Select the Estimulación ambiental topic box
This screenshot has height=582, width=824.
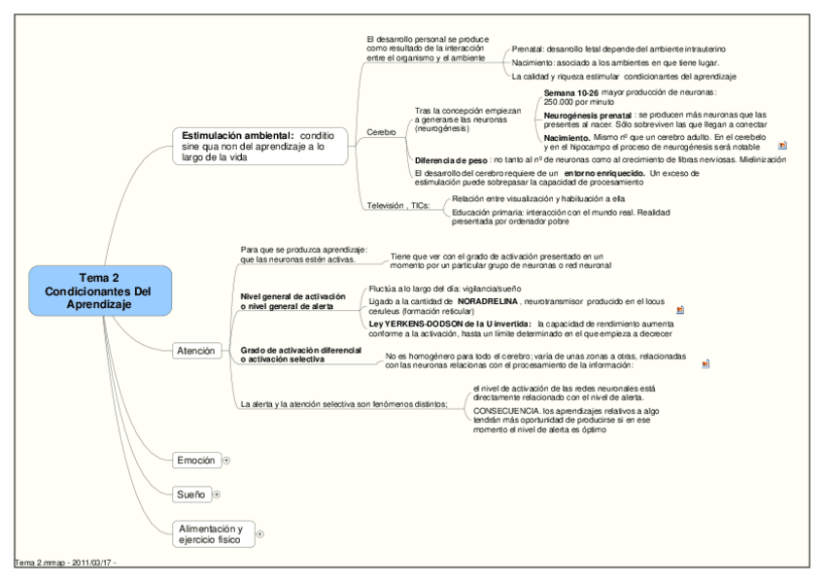pyautogui.click(x=254, y=146)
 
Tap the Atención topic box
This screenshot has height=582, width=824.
pyautogui.click(x=195, y=351)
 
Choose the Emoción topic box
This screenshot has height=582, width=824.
pyautogui.click(x=195, y=460)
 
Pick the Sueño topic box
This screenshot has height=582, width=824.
pyautogui.click(x=191, y=495)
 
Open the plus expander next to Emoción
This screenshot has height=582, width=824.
pyautogui.click(x=226, y=461)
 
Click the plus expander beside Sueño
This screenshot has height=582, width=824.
pyautogui.click(x=216, y=496)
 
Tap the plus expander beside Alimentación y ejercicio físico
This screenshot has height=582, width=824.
pyautogui.click(x=259, y=533)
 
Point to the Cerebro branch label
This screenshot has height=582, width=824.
pyautogui.click(x=381, y=131)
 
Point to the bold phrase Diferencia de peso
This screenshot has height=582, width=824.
pyautogui.click(x=451, y=159)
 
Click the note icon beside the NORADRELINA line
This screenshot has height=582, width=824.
pyautogui.click(x=680, y=309)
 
